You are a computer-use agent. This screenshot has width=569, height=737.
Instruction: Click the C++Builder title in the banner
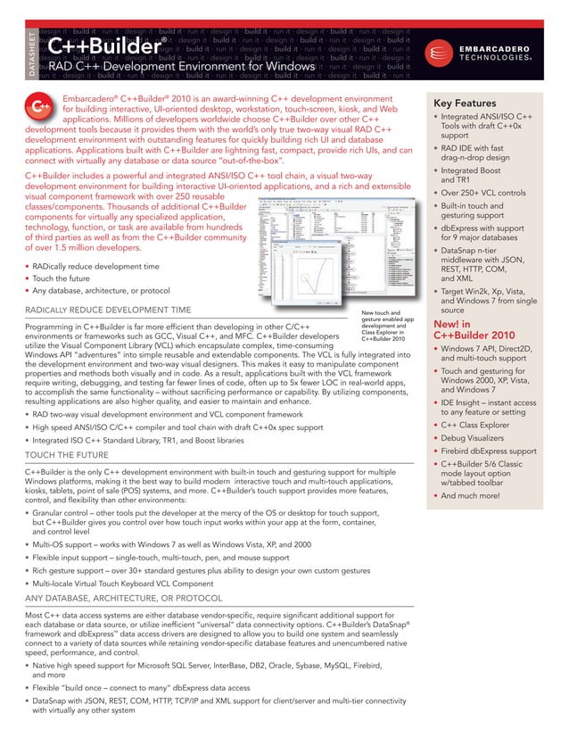[x=106, y=45]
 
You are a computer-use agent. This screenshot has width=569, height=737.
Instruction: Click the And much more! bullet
[x=475, y=494]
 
